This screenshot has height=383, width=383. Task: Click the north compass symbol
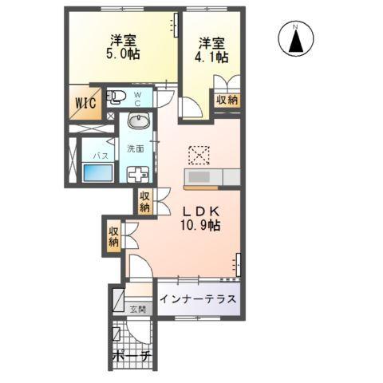pyautogui.click(x=294, y=39)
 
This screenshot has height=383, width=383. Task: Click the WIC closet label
pyautogui.click(x=85, y=103)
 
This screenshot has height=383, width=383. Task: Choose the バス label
pyautogui.click(x=101, y=155)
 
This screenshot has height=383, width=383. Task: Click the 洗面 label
pyautogui.click(x=135, y=148)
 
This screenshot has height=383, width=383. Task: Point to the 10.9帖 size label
pyautogui.click(x=199, y=226)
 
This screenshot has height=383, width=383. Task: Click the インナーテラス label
pyautogui.click(x=197, y=300)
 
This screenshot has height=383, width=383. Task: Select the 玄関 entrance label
pyautogui.click(x=140, y=309)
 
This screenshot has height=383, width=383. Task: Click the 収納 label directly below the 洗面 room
pyautogui.click(x=144, y=202)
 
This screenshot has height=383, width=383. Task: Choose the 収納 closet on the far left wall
pyautogui.click(x=114, y=236)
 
